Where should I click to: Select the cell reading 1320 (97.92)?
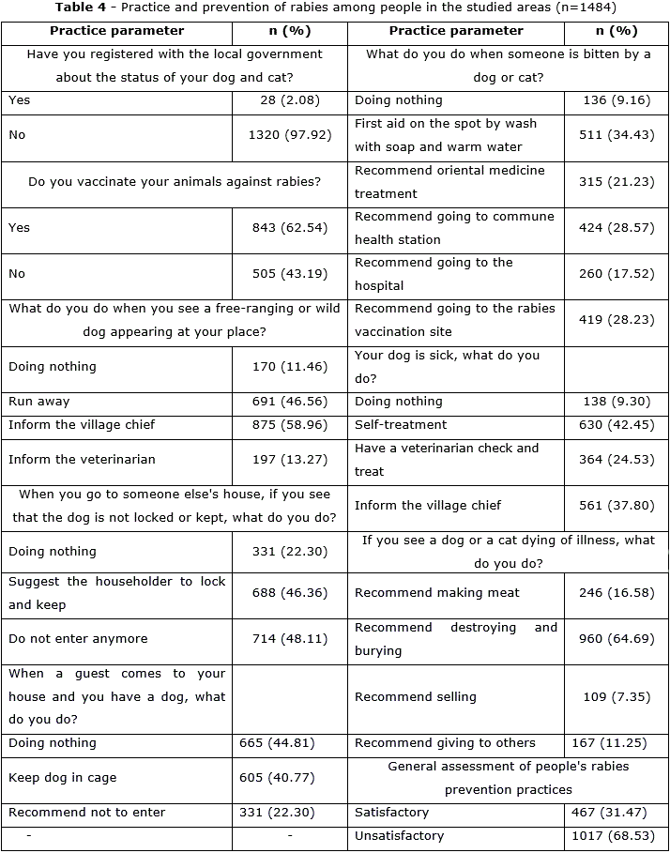point(290,135)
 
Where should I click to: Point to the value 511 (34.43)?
point(616,135)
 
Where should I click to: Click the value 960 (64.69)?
point(616,639)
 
